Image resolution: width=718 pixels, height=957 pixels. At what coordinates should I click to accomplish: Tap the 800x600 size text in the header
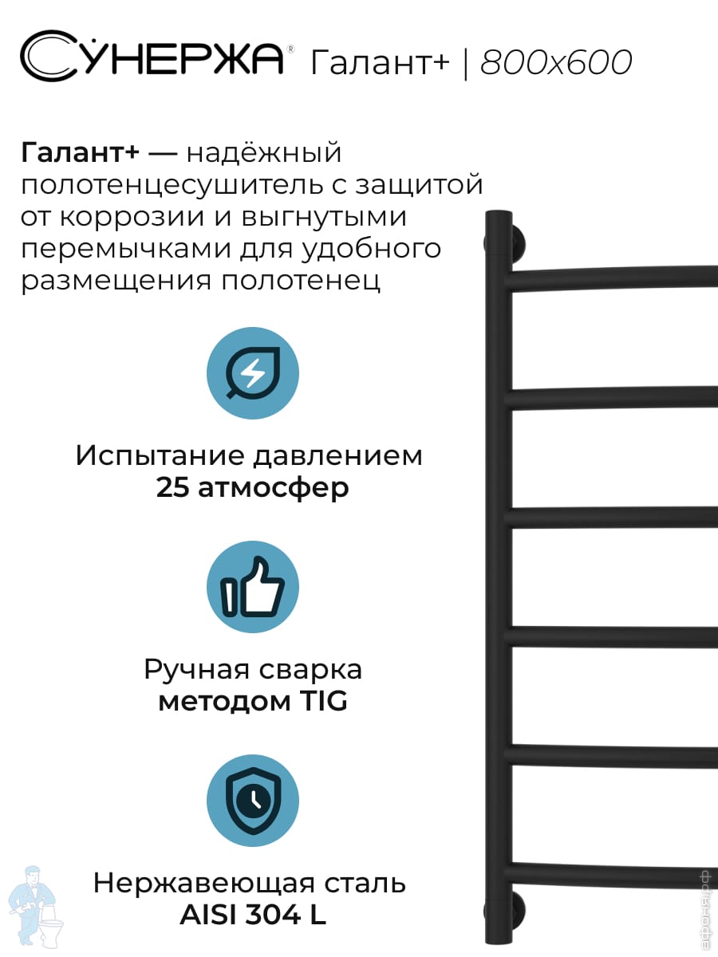(556, 61)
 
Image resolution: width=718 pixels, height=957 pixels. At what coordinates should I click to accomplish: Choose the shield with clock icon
(252, 800)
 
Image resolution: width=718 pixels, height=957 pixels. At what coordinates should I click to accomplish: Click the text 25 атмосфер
(252, 487)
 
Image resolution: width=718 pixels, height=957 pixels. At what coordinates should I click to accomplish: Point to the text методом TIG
(252, 702)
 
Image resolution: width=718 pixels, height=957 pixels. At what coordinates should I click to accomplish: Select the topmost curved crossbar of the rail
(614, 276)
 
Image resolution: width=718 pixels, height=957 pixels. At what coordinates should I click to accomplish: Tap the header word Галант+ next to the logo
(380, 61)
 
